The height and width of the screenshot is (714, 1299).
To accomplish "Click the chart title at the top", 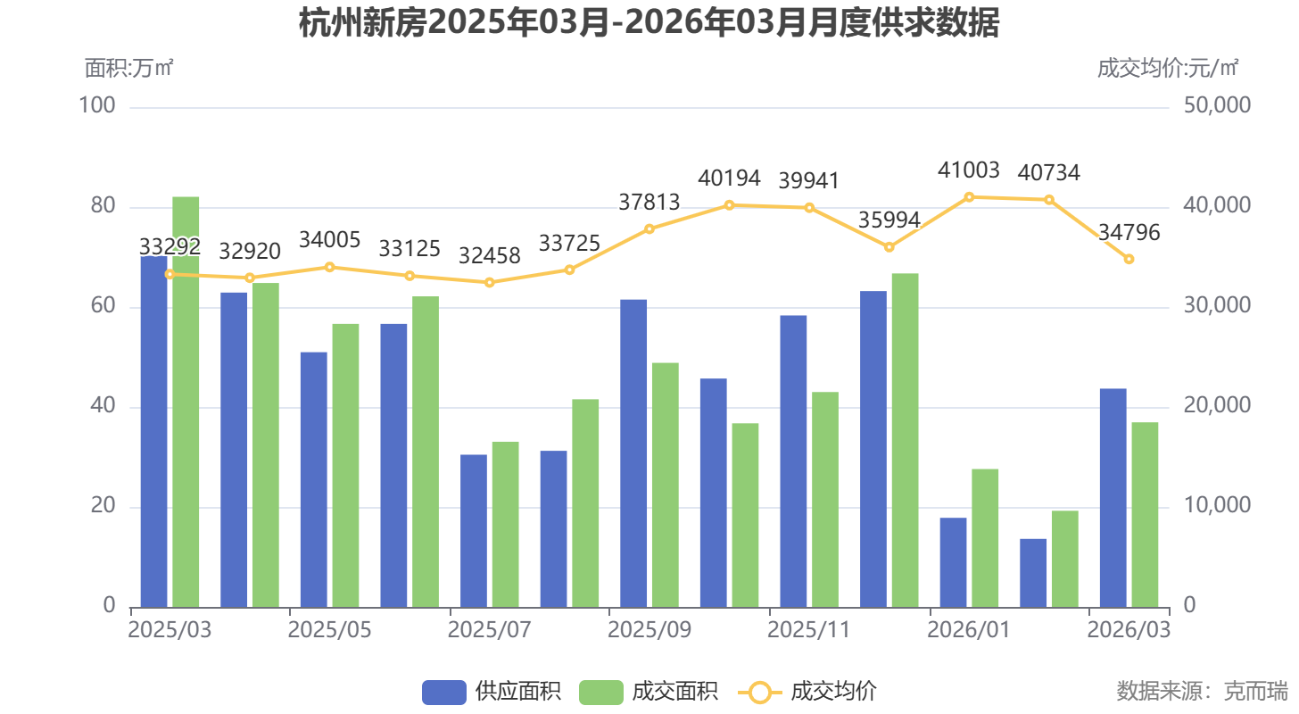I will click(649, 24).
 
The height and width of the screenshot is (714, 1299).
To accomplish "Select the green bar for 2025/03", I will click(186, 402).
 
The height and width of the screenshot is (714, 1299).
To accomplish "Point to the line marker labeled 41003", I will click(969, 197).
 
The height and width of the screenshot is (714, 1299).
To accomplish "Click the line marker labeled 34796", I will click(1129, 259).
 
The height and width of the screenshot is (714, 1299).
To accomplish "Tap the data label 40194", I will click(729, 178).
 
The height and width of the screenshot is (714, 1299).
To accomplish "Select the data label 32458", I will click(489, 255).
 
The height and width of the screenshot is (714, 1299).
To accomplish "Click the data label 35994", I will click(889, 220).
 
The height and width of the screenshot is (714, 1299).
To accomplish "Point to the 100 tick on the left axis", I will click(97, 106).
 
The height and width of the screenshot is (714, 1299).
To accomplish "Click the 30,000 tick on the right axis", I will click(1217, 306).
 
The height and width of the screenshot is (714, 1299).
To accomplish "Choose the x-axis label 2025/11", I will click(808, 630).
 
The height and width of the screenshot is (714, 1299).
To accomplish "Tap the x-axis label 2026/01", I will click(968, 630).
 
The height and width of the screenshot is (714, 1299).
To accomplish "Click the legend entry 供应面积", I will click(492, 692).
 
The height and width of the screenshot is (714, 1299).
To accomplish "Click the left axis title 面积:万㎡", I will click(129, 68).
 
